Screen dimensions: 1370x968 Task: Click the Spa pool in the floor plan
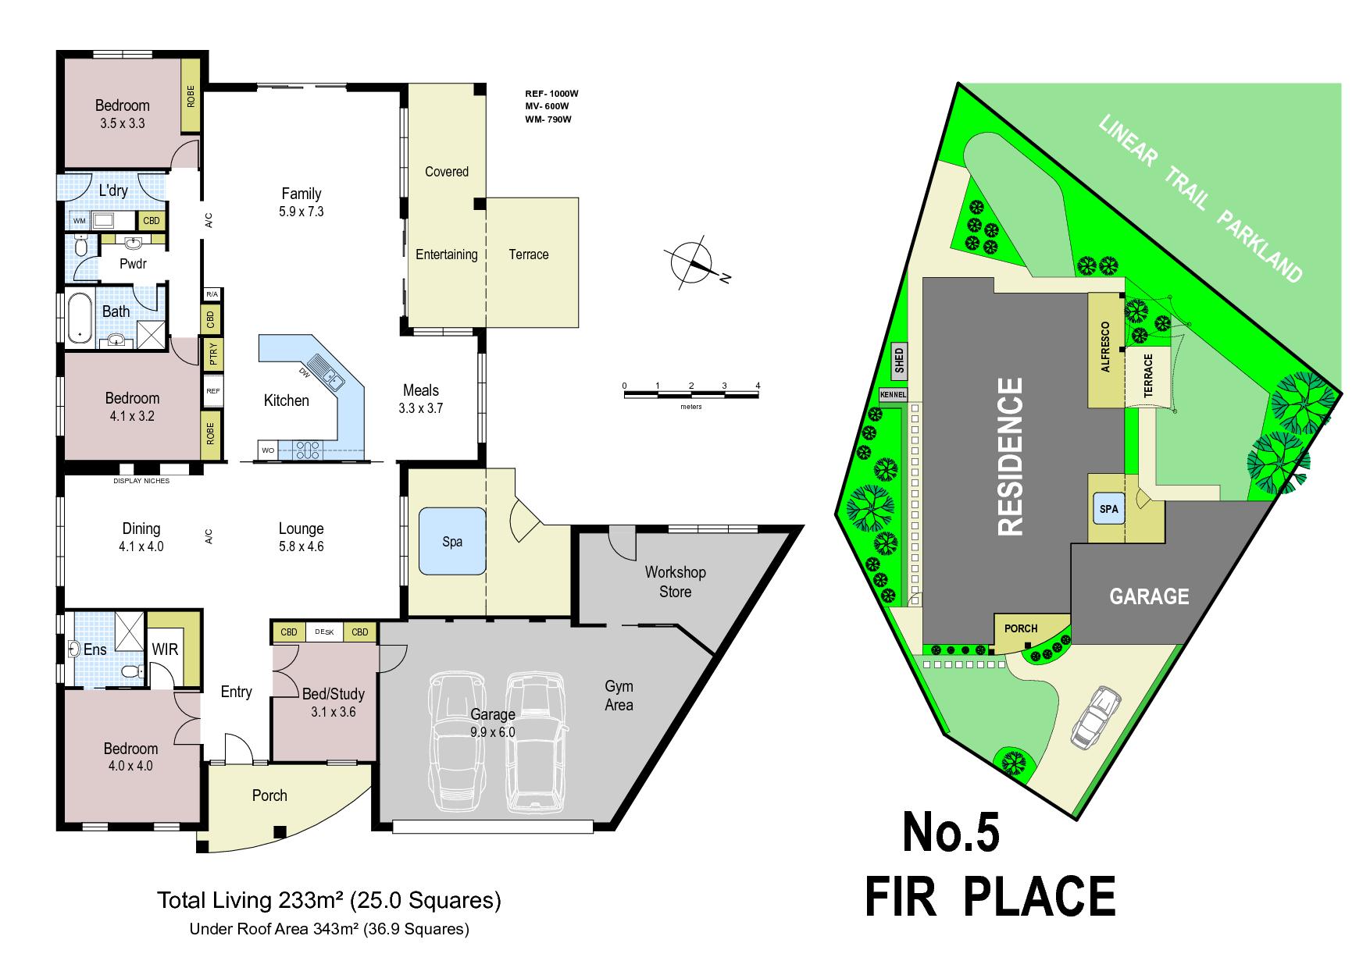452,541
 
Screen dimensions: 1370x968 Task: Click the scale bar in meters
691,392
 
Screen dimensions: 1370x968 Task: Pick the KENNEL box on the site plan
894,395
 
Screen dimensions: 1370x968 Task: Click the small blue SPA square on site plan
1109,509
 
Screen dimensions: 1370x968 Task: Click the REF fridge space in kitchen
212,391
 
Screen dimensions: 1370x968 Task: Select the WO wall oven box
268,450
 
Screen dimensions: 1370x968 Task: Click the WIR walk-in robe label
165,649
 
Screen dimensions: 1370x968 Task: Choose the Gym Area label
619,696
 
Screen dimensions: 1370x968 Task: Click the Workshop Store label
676,582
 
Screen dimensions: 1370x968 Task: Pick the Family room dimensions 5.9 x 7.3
301,212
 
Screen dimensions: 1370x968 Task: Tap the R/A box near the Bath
212,294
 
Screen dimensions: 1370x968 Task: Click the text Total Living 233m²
251,901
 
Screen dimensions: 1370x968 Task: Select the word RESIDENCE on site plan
1011,457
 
